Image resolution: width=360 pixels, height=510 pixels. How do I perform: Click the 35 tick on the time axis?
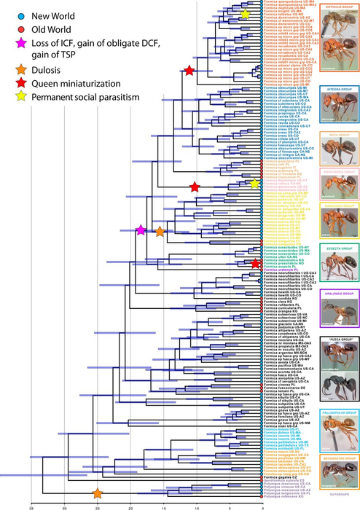[x=31, y=503]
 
